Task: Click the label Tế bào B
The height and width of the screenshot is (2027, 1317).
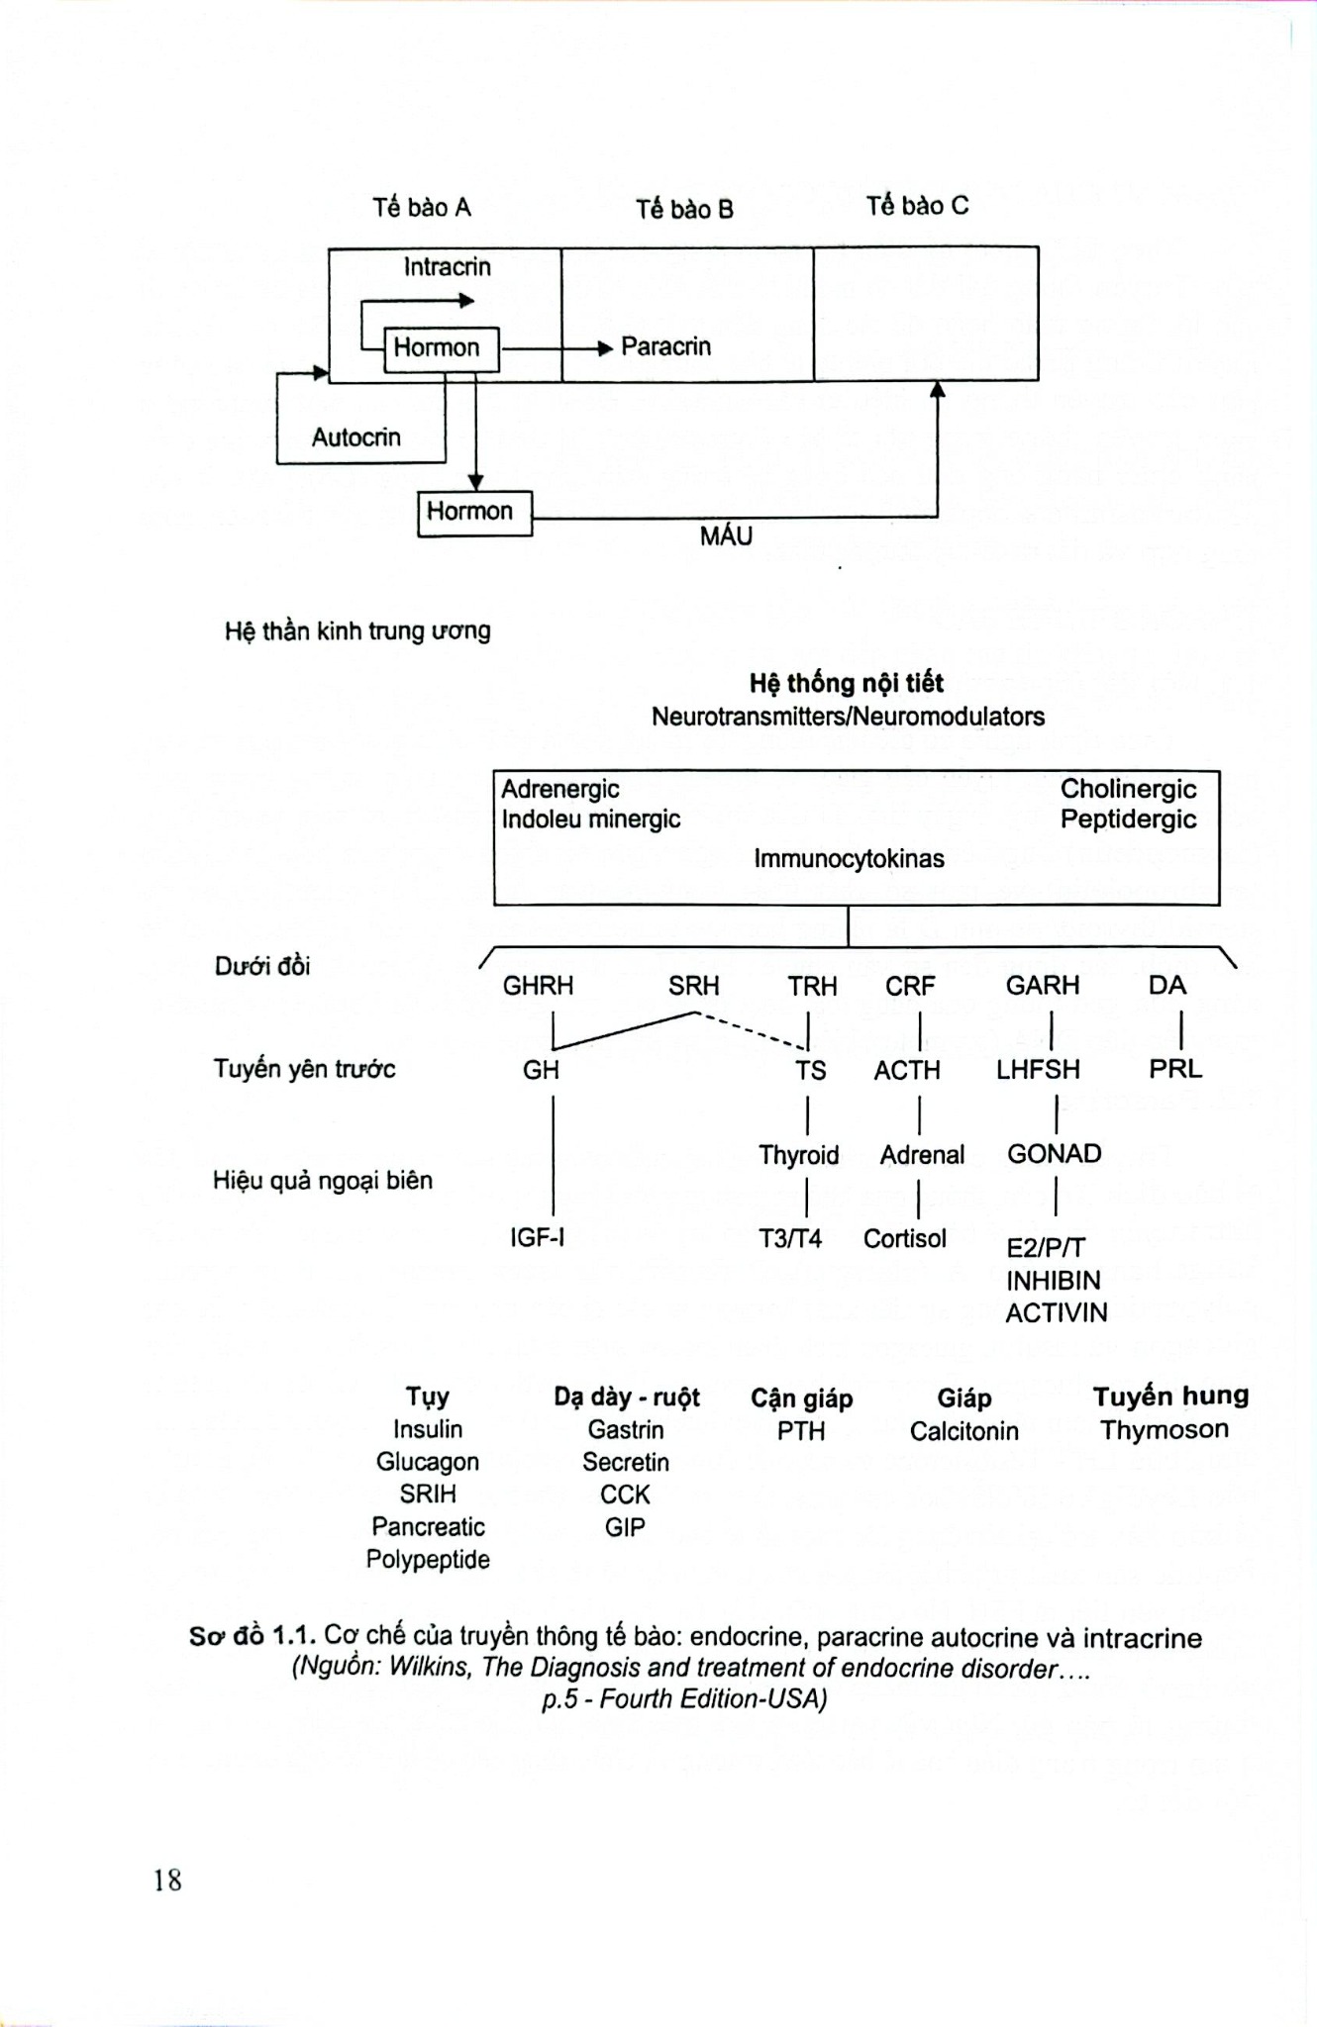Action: pyautogui.click(x=684, y=209)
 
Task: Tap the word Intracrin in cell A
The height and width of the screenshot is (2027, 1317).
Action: pyautogui.click(x=447, y=266)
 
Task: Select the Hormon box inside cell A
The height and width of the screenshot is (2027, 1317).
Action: pyautogui.click(x=442, y=348)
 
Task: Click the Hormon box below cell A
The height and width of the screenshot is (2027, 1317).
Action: pyautogui.click(x=474, y=513)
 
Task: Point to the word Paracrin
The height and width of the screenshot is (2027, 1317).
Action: pyautogui.click(x=665, y=346)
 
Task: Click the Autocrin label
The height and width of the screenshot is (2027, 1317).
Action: pyautogui.click(x=356, y=437)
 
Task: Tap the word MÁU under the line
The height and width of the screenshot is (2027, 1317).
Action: pyautogui.click(x=726, y=535)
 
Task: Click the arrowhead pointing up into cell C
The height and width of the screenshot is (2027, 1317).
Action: pyautogui.click(x=937, y=389)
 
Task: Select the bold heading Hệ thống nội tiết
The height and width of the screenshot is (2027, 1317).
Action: pyautogui.click(x=847, y=683)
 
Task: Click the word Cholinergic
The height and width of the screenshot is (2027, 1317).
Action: pyautogui.click(x=1128, y=789)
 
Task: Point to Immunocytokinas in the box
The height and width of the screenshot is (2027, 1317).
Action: pyautogui.click(x=849, y=858)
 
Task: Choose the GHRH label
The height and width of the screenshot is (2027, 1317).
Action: pyautogui.click(x=538, y=986)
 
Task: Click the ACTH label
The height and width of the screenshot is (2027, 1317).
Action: pyautogui.click(x=907, y=1070)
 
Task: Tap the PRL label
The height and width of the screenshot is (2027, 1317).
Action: pyautogui.click(x=1175, y=1069)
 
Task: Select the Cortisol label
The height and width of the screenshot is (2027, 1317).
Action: pyautogui.click(x=905, y=1238)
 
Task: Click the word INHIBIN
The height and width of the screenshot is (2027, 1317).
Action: pyautogui.click(x=1054, y=1281)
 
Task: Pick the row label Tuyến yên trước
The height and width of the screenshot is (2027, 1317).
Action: pyautogui.click(x=304, y=1069)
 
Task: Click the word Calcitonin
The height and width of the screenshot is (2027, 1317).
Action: pyautogui.click(x=964, y=1431)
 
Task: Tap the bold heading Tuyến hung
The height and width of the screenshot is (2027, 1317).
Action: pyautogui.click(x=1170, y=1397)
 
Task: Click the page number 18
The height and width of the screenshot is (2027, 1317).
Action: pyautogui.click(x=167, y=1880)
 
